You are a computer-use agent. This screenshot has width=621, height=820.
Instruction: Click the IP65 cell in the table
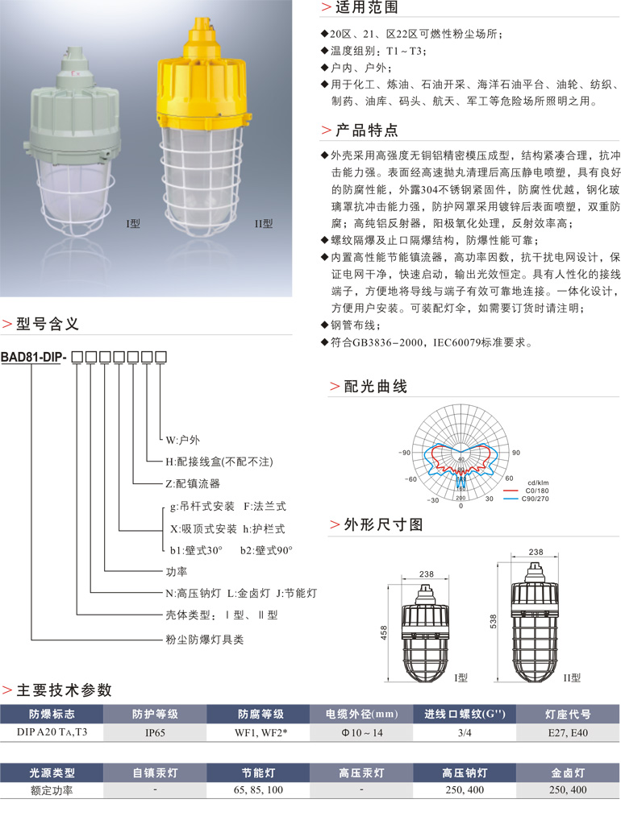pyautogui.click(x=155, y=733)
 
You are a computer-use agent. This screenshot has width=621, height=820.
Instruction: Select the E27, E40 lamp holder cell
pyautogui.click(x=568, y=733)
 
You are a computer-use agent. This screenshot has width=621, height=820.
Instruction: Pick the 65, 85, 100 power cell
pyautogui.click(x=258, y=789)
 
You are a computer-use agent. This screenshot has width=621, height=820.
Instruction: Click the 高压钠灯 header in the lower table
pyautogui.click(x=465, y=772)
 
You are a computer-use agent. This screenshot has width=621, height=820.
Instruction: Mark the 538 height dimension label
pyautogui.click(x=493, y=621)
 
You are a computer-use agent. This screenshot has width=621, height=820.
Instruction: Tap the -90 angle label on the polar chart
pyautogui.click(x=405, y=453)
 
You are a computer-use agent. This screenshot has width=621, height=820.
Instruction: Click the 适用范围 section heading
pyautogui.click(x=366, y=7)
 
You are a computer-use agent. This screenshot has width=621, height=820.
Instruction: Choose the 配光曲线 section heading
pyautogui.click(x=376, y=387)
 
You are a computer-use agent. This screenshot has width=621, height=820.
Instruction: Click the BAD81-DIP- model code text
pyautogui.click(x=34, y=357)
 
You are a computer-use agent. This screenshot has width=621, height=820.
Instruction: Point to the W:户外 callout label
pyautogui.click(x=183, y=440)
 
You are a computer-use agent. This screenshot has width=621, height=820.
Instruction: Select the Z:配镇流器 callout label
pyautogui.click(x=193, y=484)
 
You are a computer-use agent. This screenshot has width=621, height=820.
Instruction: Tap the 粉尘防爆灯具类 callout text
pyautogui.click(x=205, y=639)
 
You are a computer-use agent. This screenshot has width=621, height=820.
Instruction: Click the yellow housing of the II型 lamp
pyautogui.click(x=202, y=73)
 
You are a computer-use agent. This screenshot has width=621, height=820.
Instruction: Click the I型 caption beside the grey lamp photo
pyautogui.click(x=133, y=224)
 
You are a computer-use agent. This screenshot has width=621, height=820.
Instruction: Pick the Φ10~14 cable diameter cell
pyautogui.click(x=362, y=733)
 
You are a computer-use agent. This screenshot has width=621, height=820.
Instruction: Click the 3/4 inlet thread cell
pyautogui.click(x=465, y=733)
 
